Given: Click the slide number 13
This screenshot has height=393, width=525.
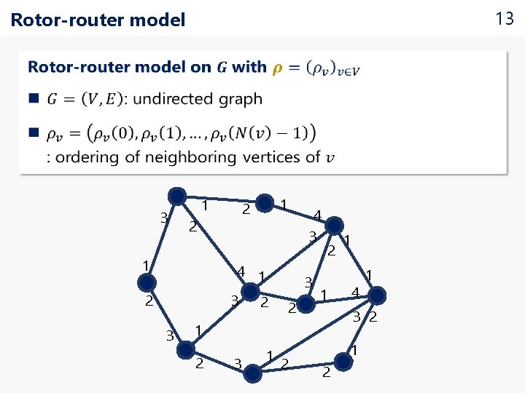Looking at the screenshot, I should (x=505, y=19).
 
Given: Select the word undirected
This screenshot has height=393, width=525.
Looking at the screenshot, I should (x=176, y=98).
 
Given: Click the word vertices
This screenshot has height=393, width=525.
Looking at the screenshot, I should (x=276, y=156).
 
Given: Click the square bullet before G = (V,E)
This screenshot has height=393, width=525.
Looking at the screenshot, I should (x=33, y=98).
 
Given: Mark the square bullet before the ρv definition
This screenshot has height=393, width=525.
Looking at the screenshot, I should (x=33, y=133).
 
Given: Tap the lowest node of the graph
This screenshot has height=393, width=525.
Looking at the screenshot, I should (x=252, y=373).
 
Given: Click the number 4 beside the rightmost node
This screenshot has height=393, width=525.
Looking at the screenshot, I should (x=354, y=293).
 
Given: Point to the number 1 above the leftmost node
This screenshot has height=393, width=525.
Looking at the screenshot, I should (x=146, y=265).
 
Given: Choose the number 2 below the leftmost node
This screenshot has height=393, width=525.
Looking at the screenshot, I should (x=148, y=301).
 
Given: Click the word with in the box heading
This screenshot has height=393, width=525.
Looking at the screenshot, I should (x=249, y=67).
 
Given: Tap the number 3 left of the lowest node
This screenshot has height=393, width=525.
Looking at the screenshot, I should (x=237, y=362).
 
